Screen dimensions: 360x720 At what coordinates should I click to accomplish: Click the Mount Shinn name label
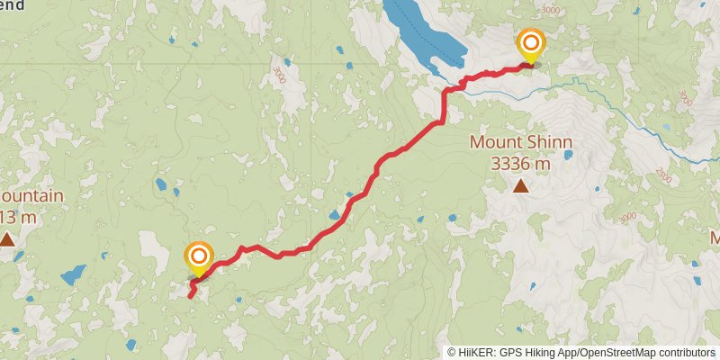(x=520, y=142)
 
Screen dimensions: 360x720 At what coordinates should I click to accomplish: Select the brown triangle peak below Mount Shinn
(x=520, y=186)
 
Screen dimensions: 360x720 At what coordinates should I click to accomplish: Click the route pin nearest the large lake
(x=530, y=44)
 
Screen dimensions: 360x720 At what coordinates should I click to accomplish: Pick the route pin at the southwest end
(x=199, y=258)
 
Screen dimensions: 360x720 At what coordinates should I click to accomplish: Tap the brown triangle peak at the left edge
(x=7, y=238)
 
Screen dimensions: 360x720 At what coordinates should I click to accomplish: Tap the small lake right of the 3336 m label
(x=569, y=155)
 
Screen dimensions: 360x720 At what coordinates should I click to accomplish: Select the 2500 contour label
(x=663, y=171)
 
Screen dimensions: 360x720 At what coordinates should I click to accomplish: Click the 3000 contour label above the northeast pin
(x=550, y=10)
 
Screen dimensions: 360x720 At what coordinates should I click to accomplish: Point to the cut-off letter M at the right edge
(x=715, y=238)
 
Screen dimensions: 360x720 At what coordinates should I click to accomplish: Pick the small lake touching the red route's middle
(x=334, y=216)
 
